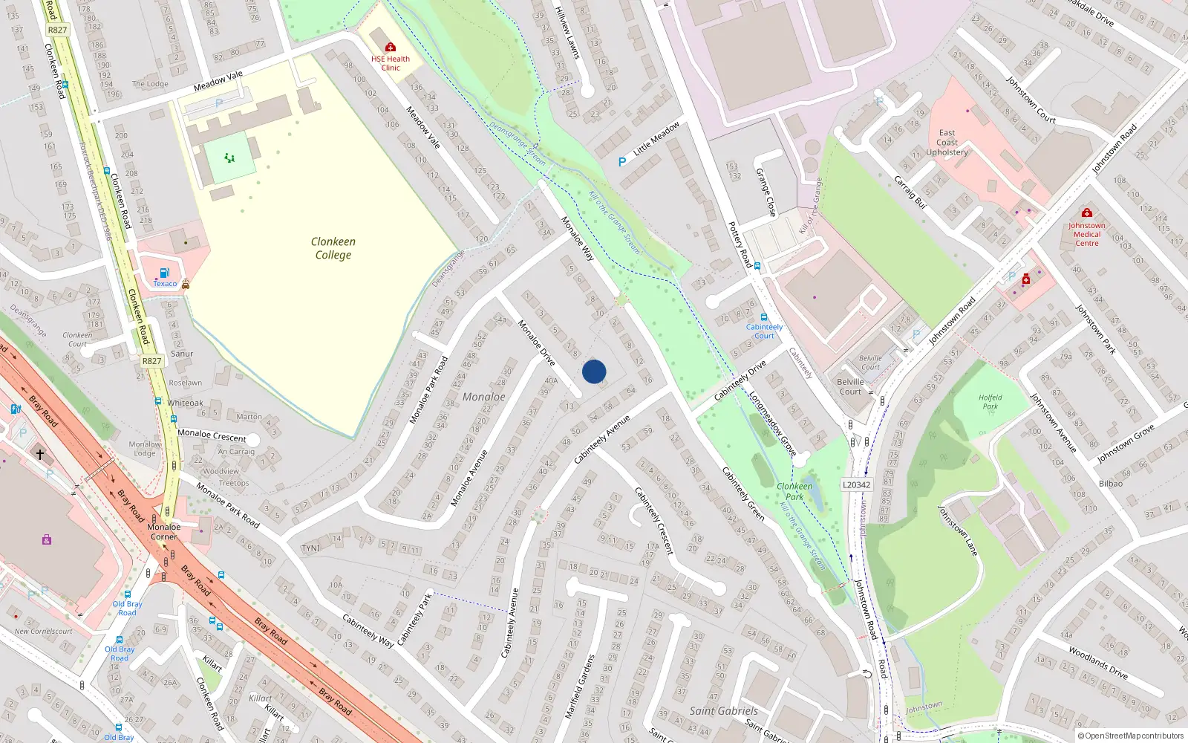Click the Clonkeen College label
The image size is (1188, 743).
pyautogui.click(x=333, y=248)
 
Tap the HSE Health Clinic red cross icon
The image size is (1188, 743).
pyautogui.click(x=391, y=48)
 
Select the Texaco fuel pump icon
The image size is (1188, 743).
pyautogui.click(x=165, y=273)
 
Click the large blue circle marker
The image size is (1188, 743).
pyautogui.click(x=594, y=371)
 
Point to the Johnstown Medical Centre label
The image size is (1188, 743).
pyautogui.click(x=1087, y=234)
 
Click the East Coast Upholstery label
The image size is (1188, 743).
pyautogui.click(x=947, y=143)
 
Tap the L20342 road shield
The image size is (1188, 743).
pyautogui.click(x=856, y=484)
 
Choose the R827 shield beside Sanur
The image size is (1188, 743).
pyautogui.click(x=151, y=361)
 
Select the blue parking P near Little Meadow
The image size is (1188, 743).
pyautogui.click(x=622, y=161)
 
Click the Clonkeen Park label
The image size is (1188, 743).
pyautogui.click(x=794, y=491)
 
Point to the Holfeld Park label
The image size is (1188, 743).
pyautogui.click(x=990, y=402)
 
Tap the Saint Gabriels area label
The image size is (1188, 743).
pyautogui.click(x=723, y=711)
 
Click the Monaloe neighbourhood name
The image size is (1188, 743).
pyautogui.click(x=483, y=397)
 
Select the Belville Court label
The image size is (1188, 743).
pyautogui.click(x=850, y=386)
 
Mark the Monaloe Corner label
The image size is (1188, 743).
pyautogui.click(x=164, y=531)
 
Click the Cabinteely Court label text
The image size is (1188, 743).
pyautogui.click(x=765, y=331)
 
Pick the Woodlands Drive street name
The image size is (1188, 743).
pyautogui.click(x=1098, y=662)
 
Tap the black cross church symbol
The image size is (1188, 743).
pyautogui.click(x=40, y=453)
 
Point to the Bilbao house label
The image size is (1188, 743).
pyautogui.click(x=1111, y=484)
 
